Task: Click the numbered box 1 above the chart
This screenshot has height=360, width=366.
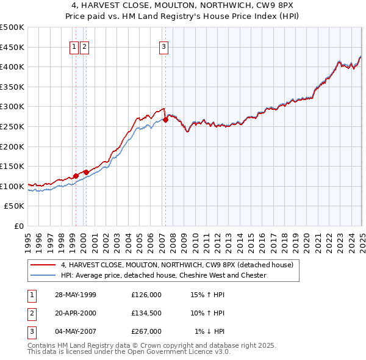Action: [x=74, y=48]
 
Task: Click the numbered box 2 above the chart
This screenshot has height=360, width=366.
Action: [x=84, y=48]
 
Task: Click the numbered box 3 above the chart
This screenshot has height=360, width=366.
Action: [x=164, y=48]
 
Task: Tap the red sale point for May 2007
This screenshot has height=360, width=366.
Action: [x=165, y=120]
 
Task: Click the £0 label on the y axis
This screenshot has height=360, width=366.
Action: [x=19, y=226]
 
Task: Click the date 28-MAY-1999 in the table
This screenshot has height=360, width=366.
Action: [x=75, y=295]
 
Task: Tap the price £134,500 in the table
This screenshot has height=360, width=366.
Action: [x=146, y=313]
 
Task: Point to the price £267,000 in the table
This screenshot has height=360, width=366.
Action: [x=146, y=331]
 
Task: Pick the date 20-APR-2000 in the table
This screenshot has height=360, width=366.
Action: [x=75, y=313]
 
